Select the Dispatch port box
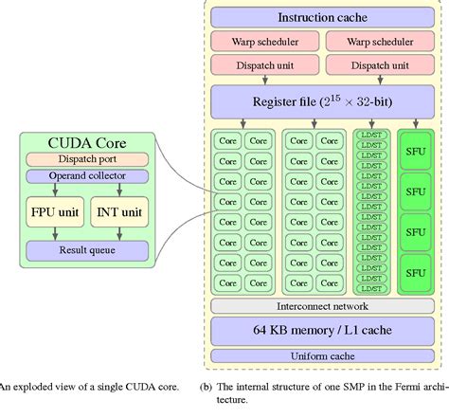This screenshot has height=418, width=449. pos(86,159)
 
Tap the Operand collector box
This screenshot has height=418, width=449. pos(86,175)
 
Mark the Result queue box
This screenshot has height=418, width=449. pos(86,249)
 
